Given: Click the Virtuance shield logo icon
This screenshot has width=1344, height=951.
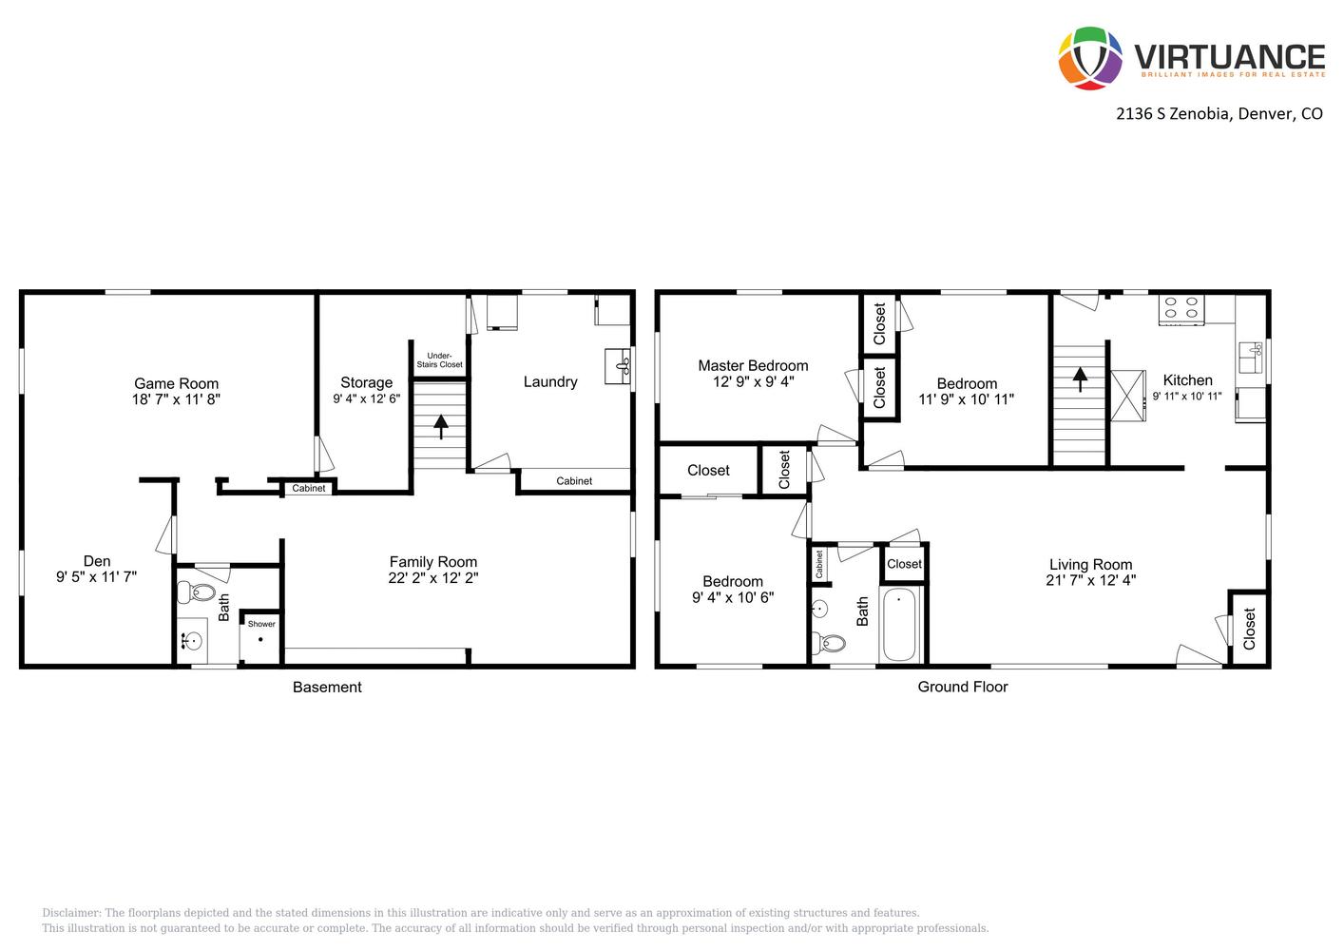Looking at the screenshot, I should (x=1090, y=57).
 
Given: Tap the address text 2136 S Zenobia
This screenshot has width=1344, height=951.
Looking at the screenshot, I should (x=1174, y=114).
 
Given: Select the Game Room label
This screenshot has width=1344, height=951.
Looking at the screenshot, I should (x=176, y=383).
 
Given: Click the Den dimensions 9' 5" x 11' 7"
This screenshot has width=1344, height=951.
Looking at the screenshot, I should (x=97, y=576).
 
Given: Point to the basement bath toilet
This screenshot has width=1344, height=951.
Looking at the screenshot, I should (x=202, y=593).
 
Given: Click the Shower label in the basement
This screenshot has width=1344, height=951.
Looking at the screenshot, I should (x=261, y=624).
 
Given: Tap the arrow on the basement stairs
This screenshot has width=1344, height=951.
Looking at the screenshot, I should (x=440, y=426).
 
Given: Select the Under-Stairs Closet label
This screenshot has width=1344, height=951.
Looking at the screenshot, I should (x=439, y=359).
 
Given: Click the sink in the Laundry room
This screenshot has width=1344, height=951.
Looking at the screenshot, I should (x=619, y=365).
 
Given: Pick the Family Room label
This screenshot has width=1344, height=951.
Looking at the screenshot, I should (x=432, y=561).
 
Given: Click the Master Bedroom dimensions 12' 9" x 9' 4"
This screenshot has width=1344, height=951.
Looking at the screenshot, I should (x=753, y=381).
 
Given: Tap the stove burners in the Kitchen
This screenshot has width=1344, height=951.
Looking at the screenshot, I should (x=1181, y=308).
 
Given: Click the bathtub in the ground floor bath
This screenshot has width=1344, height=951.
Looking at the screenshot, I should (x=899, y=625).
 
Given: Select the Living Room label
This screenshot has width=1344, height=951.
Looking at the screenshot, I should (x=1090, y=564).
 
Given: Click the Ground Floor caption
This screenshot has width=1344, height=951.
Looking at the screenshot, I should (x=962, y=687).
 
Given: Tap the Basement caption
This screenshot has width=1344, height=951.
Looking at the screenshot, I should (x=327, y=687).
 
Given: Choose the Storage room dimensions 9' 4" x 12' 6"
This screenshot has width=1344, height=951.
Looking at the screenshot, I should (x=366, y=399).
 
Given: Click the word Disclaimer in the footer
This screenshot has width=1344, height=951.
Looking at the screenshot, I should (x=71, y=913).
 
